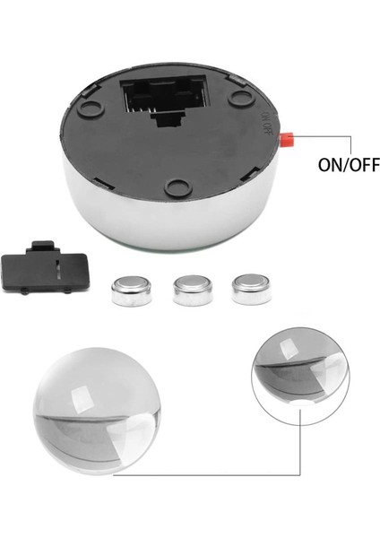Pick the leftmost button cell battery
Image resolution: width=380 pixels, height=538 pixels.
131,291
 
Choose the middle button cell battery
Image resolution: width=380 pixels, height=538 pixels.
192,290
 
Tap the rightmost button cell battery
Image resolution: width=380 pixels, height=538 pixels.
251,289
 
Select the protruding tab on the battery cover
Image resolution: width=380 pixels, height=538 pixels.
40,247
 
